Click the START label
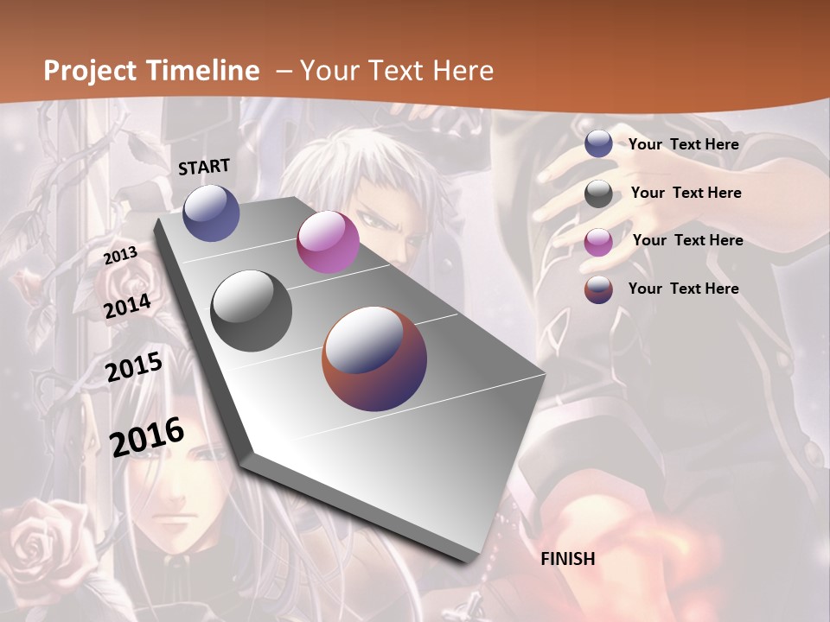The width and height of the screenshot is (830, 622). [204, 167]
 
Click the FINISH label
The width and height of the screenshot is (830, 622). [568, 559]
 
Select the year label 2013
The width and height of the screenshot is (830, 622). [121, 255]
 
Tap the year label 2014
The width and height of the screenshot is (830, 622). [128, 307]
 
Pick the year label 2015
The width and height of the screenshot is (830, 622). [134, 367]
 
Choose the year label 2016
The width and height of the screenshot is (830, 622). [147, 436]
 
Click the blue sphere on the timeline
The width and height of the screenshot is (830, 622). [211, 213]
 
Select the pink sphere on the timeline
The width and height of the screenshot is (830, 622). [328, 242]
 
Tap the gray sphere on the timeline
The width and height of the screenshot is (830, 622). [252, 310]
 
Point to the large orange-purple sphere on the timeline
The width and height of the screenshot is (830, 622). [374, 359]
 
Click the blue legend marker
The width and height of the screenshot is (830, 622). [598, 144]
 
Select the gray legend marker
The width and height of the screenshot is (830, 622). [598, 194]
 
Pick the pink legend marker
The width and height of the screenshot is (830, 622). [598, 242]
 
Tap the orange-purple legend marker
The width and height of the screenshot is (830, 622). [598, 289]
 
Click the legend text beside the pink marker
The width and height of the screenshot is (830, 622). [687, 240]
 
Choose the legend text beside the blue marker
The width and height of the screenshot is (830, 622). [683, 144]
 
